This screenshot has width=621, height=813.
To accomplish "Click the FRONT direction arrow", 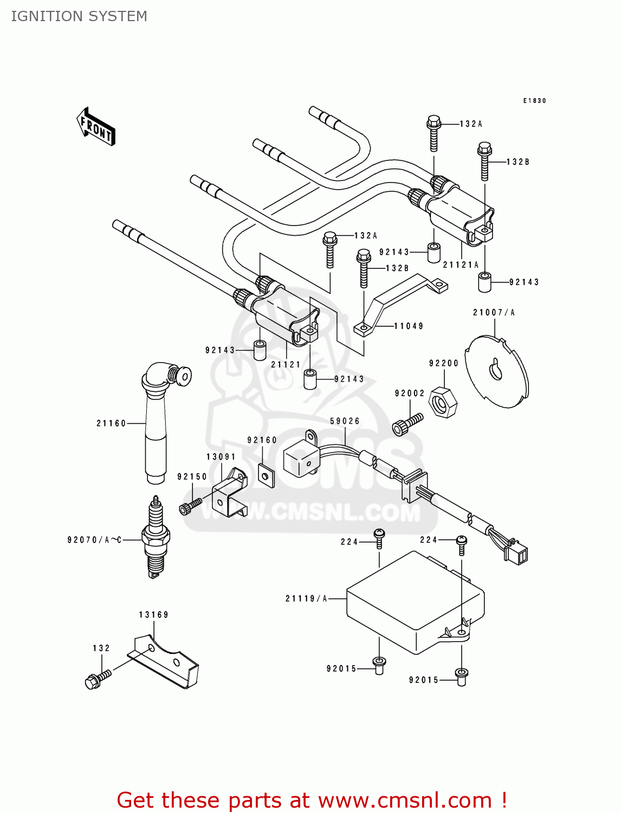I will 96,127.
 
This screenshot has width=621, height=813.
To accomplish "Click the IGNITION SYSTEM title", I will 79,16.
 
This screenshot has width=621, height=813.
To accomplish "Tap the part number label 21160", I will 111,423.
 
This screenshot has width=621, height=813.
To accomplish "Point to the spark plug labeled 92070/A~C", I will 156,537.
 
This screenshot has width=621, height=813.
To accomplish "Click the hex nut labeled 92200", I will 443,402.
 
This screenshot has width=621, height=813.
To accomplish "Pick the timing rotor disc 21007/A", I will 497,371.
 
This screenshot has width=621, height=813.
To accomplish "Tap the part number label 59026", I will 345,421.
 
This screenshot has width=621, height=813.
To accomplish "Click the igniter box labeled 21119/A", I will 415,602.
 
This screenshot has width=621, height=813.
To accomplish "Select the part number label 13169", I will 153,615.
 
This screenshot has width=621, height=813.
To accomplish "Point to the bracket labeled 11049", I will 398,306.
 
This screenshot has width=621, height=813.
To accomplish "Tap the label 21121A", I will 461,265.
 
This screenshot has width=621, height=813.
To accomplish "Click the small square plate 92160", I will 266,476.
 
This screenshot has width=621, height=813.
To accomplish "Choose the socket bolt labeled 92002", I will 406,425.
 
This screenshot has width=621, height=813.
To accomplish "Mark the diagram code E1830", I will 534,101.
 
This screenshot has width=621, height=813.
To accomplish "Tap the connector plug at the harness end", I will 515,553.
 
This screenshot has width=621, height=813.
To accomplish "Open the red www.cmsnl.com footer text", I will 312,800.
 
